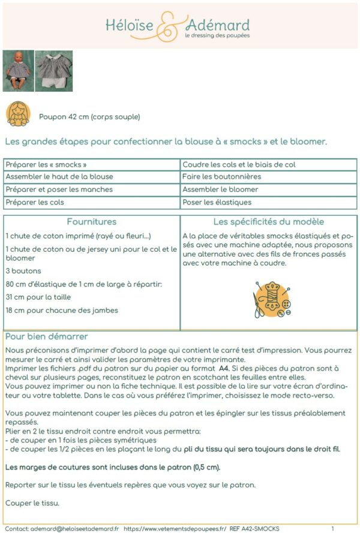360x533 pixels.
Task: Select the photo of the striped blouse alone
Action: [54, 70]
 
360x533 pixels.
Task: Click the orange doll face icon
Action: [18, 113]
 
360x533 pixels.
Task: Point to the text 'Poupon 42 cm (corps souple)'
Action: [89, 117]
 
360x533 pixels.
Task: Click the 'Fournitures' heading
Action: [92, 222]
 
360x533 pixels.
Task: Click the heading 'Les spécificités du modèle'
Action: [269, 222]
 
